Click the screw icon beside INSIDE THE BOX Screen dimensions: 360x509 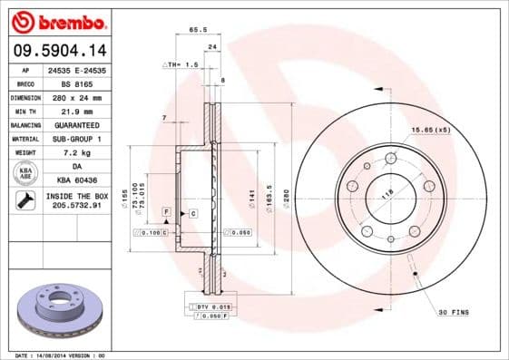[x=25, y=200]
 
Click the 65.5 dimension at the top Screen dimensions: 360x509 [x=194, y=30]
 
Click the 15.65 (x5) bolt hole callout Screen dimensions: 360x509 [x=428, y=131]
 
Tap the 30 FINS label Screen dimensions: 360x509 [x=454, y=313]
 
